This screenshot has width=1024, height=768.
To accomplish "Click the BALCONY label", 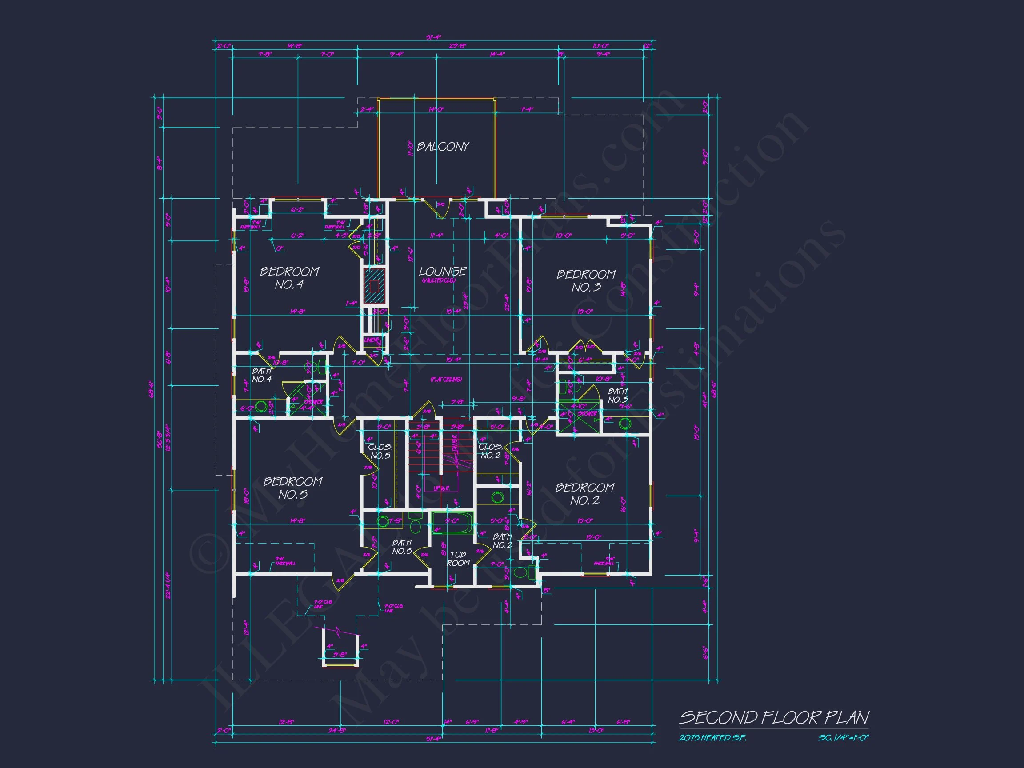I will [443, 147].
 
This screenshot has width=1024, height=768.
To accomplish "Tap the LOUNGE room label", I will [443, 271].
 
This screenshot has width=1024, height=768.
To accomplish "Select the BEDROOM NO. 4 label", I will [289, 278].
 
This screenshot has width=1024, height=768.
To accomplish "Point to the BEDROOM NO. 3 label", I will [586, 280].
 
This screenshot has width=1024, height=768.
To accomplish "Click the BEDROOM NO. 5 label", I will [292, 488].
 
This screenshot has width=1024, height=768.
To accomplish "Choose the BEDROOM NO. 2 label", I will [585, 494].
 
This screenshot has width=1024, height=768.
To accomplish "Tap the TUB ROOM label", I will [458, 559].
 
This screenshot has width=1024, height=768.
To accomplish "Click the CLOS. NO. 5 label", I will [380, 452].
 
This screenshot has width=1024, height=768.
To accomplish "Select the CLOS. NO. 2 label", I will [490, 452].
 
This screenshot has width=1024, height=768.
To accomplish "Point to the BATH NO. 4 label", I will [262, 375].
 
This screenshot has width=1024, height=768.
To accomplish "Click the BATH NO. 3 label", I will [617, 396].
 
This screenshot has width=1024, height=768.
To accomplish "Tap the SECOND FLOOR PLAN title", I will [773, 718].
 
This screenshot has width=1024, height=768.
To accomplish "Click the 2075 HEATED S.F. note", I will [712, 738].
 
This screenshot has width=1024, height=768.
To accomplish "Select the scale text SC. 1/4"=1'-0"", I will [843, 738].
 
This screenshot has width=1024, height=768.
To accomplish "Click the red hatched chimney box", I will [374, 286].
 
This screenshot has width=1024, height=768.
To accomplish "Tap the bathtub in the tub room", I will [452, 523].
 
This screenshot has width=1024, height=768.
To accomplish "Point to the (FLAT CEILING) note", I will [446, 380].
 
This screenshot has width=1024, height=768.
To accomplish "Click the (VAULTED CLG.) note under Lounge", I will [438, 281].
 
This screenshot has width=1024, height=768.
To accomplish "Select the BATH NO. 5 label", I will [402, 547].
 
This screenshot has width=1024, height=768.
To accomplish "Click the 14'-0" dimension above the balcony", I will [436, 110].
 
